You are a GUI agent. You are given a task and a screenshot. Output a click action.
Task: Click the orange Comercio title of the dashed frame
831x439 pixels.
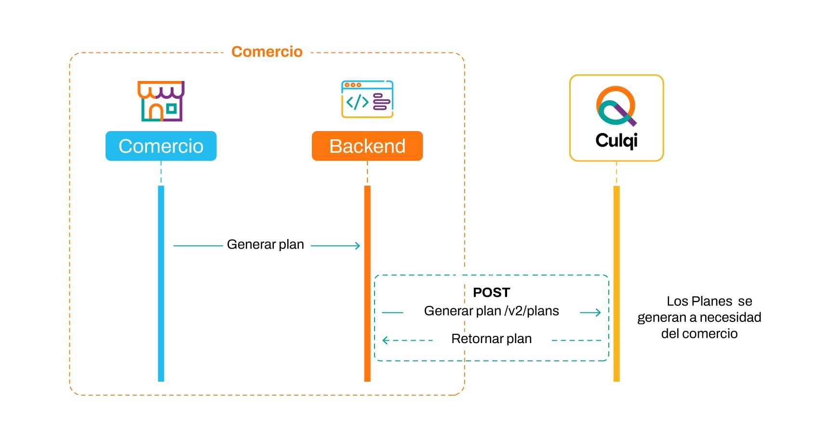[267, 52]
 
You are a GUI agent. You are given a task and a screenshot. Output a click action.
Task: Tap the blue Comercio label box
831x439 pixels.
[161, 146]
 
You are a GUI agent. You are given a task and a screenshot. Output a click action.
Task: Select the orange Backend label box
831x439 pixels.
[367, 146]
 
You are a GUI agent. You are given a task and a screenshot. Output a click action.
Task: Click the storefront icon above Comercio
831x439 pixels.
[161, 101]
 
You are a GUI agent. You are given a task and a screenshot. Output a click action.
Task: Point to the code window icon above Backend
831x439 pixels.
[367, 99]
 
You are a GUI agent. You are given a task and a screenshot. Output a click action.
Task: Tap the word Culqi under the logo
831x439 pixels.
[617, 140]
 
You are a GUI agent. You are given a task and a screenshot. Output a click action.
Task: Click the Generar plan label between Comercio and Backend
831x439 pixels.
[265, 244]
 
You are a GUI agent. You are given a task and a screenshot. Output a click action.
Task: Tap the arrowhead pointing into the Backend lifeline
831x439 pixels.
[357, 246]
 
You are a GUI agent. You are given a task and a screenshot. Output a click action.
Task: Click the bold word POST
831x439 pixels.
[491, 293]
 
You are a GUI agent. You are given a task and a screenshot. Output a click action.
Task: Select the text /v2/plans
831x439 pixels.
[532, 311]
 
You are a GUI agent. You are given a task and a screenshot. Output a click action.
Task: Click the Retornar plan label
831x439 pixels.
[491, 339]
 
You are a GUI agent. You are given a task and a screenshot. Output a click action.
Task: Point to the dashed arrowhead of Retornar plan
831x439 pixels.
[386, 341]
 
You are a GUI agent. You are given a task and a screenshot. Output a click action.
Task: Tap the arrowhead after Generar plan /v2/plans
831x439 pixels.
[597, 313]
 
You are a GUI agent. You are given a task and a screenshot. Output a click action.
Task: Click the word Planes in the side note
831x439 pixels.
[711, 301]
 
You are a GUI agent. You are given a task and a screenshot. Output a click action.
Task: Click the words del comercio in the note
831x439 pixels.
[699, 333]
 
